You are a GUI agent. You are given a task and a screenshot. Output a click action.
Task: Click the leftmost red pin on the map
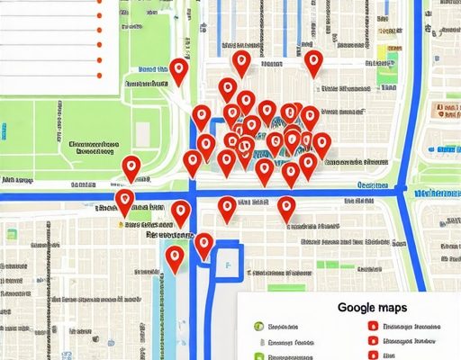click(x=124, y=202)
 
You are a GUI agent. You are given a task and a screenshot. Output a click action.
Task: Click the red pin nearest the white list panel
click(x=179, y=73)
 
